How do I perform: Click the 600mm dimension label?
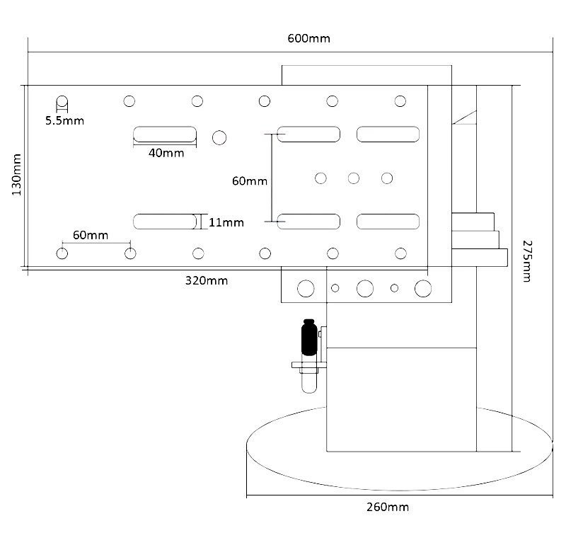pyautogui.click(x=308, y=38)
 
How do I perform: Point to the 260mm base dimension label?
pyautogui.click(x=387, y=507)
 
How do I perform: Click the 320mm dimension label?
pyautogui.click(x=207, y=280)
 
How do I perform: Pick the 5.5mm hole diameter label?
pyautogui.click(x=64, y=120)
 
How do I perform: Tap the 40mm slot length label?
pyautogui.click(x=166, y=153)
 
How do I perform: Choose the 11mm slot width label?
pyautogui.click(x=226, y=222)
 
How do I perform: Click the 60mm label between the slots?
pyautogui.click(x=250, y=180)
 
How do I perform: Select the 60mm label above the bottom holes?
pyautogui.click(x=90, y=234)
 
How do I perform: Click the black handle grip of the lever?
pyautogui.click(x=308, y=338)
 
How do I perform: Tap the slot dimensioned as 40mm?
pyautogui.click(x=165, y=134)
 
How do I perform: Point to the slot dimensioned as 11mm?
pyautogui.click(x=165, y=222)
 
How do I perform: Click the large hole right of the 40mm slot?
pyautogui.click(x=219, y=137)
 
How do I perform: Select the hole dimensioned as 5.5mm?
pyautogui.click(x=62, y=101)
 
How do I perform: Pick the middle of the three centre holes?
pyautogui.click(x=354, y=178)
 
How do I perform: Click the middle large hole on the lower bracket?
pyautogui.click(x=365, y=288)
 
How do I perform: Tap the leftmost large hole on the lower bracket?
pyautogui.click(x=306, y=288)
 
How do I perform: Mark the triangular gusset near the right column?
pyautogui.click(x=468, y=116)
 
